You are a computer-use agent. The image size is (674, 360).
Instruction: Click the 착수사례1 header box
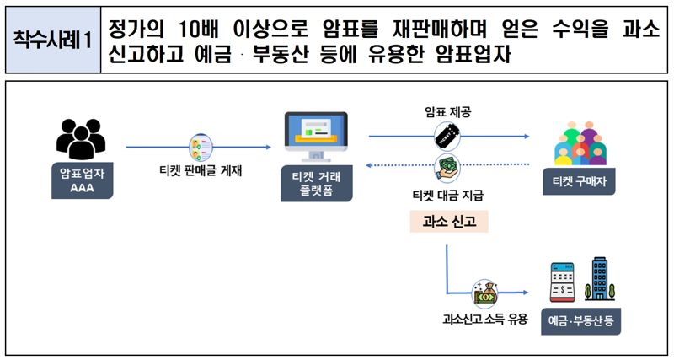[x=52, y=40]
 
